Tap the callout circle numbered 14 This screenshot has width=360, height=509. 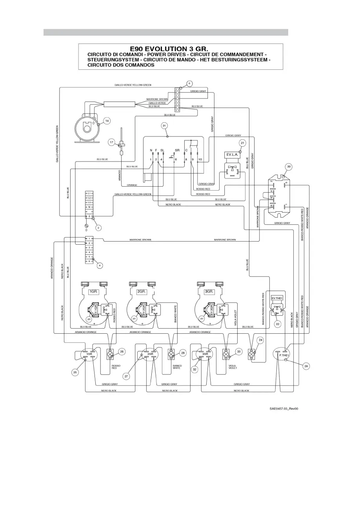(107, 121)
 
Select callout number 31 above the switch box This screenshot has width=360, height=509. (164, 125)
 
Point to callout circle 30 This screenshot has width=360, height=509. (289, 167)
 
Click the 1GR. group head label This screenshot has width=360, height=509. (94, 292)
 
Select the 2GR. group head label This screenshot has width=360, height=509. (141, 292)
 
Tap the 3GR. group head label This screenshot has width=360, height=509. (209, 292)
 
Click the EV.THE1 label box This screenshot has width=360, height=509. (277, 298)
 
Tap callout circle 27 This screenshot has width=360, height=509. (126, 376)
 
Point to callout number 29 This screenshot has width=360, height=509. (306, 366)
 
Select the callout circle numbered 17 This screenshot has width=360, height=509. (112, 142)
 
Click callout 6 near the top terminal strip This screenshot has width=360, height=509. (189, 84)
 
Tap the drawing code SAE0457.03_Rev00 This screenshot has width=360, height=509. (284, 409)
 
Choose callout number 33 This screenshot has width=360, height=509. (239, 352)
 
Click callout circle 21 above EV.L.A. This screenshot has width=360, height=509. (242, 143)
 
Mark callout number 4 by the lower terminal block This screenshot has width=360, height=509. (100, 265)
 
